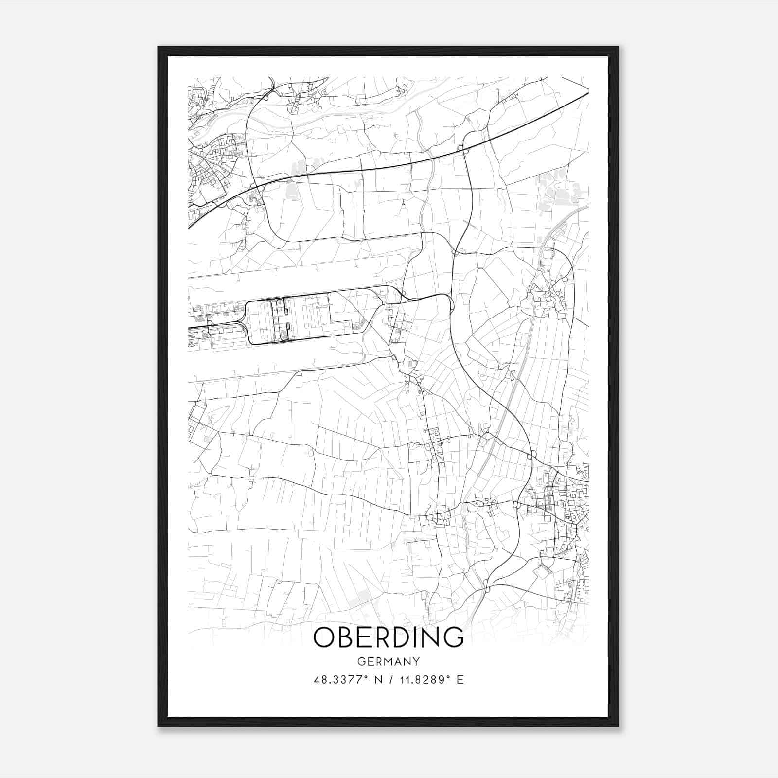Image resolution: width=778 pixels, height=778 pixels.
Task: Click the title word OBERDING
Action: click(388, 637)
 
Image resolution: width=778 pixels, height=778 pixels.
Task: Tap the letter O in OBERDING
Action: click(324, 637)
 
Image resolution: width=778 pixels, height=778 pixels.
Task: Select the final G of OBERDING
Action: click(453, 637)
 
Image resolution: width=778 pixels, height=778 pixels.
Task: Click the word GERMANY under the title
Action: click(389, 662)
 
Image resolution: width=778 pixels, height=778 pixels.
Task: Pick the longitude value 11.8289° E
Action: click(431, 680)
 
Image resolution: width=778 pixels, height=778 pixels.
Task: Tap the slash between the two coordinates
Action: click(390, 680)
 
